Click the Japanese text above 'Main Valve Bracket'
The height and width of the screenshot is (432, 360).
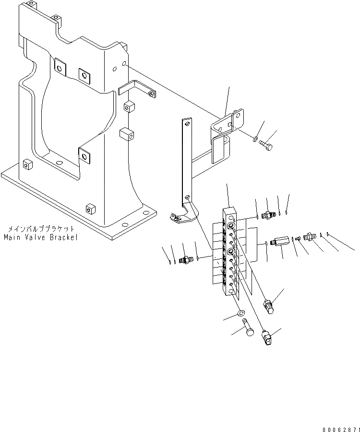[x=41, y=230]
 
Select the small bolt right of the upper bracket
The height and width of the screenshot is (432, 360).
[x=268, y=145]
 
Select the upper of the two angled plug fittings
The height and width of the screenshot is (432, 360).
[x=269, y=305]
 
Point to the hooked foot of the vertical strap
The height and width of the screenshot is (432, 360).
[x=179, y=218]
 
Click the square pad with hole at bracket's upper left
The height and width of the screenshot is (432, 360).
[x=60, y=68]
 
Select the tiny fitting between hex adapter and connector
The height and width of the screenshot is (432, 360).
[x=298, y=238]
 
